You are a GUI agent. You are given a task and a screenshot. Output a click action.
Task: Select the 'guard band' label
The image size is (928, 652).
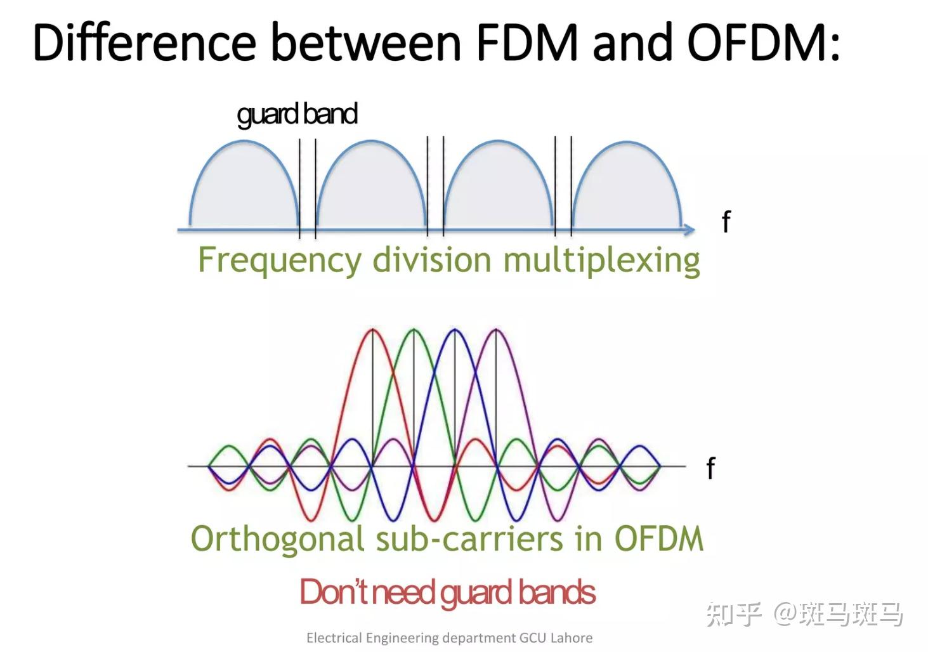tap(297, 114)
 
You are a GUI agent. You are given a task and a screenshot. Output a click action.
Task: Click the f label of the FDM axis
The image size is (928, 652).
tap(726, 222)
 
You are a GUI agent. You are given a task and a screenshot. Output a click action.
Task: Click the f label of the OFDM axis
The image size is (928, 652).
tap(710, 469)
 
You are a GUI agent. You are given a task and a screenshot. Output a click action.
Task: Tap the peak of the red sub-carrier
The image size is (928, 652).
tap(372, 330)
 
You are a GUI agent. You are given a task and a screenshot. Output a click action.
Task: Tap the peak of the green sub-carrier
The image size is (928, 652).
tap(413, 330)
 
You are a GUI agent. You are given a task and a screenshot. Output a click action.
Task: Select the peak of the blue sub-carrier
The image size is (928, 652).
tap(454, 330)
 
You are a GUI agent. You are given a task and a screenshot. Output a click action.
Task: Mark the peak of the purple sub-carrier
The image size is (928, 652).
tap(495, 330)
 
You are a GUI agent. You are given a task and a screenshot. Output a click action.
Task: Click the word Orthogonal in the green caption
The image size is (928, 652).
tap(278, 539)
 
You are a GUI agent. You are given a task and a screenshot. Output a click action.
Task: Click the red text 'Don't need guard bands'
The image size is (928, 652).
tap(447, 592)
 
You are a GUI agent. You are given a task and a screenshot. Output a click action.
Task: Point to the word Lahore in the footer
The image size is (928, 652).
tap(571, 637)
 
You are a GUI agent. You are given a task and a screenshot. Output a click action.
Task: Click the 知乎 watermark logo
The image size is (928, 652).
tap(734, 614)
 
